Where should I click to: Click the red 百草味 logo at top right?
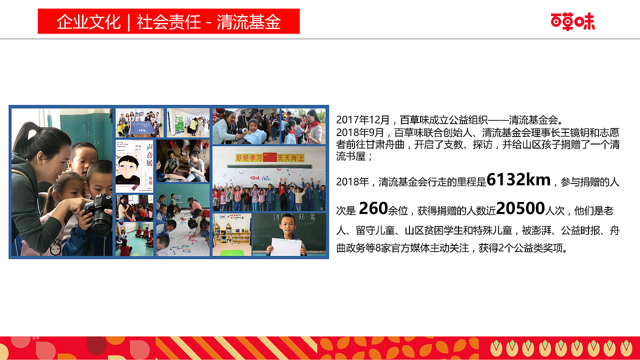(x=572, y=21)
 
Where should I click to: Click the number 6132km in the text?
(x=518, y=179)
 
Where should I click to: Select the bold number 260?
(x=373, y=208)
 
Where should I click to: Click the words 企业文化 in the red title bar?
(x=88, y=22)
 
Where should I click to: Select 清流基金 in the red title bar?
(x=248, y=22)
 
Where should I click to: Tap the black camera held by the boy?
(x=99, y=214)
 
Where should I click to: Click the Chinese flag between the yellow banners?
(x=269, y=157)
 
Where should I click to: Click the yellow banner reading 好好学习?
(x=248, y=158)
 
